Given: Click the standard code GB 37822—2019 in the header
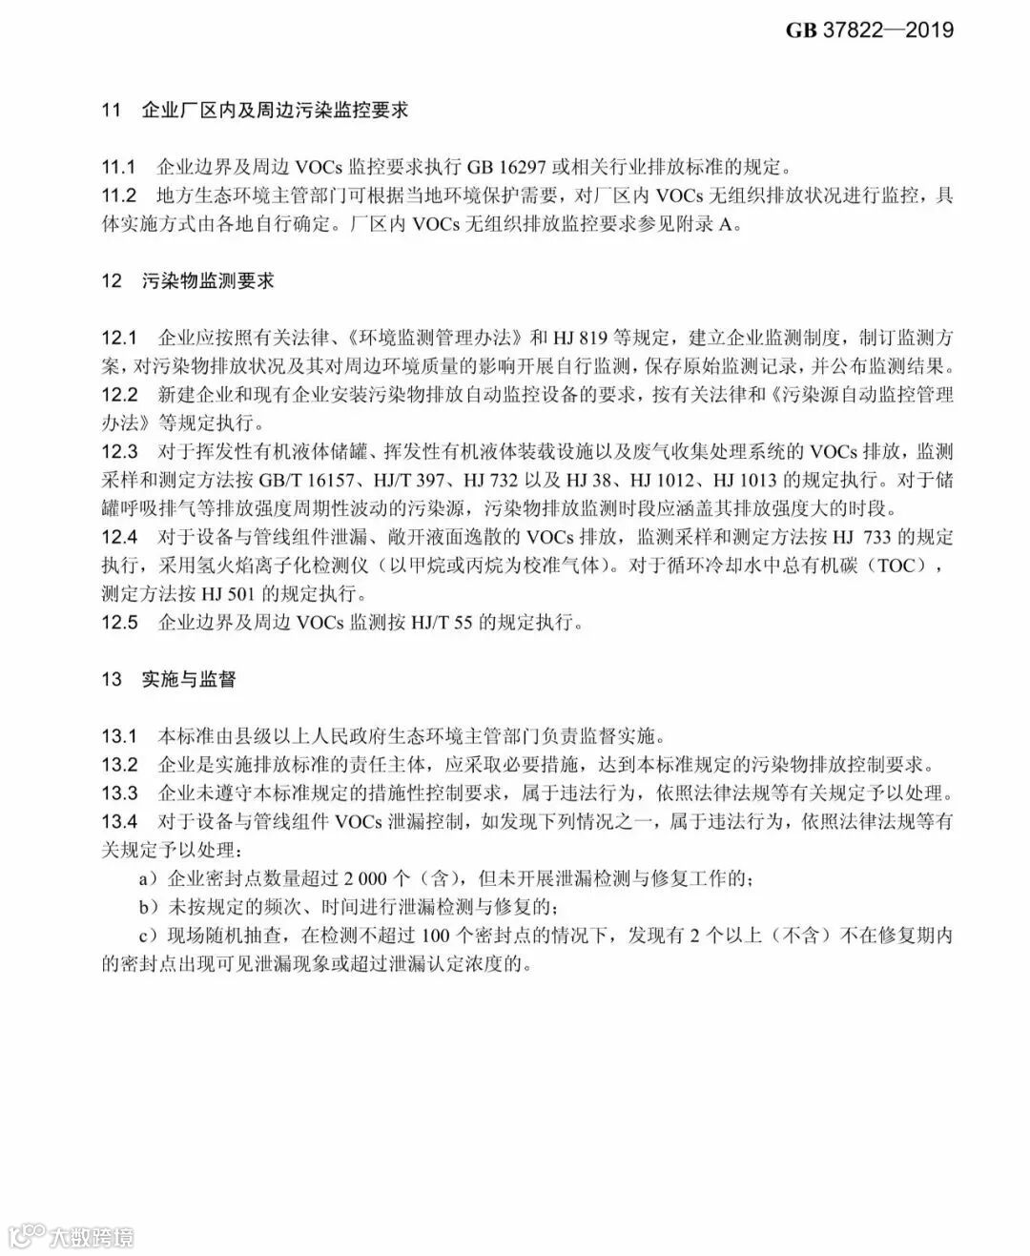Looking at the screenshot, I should tap(869, 30).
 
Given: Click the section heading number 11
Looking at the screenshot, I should tap(112, 111).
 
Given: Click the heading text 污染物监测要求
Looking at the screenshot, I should tap(208, 281).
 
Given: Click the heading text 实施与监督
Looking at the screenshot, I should tap(189, 679).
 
